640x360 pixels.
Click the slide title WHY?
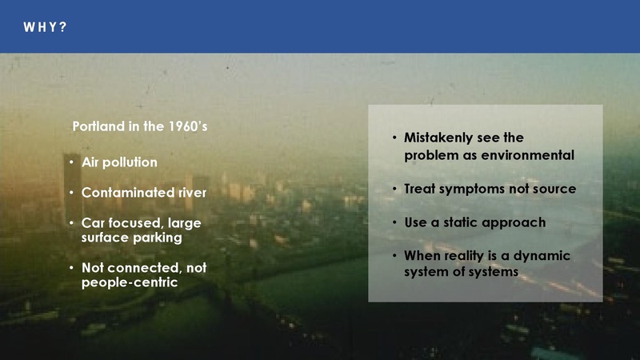[44, 27]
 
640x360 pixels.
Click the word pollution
[132, 162]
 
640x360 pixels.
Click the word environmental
[529, 154]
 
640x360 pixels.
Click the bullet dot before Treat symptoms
[394, 189]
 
